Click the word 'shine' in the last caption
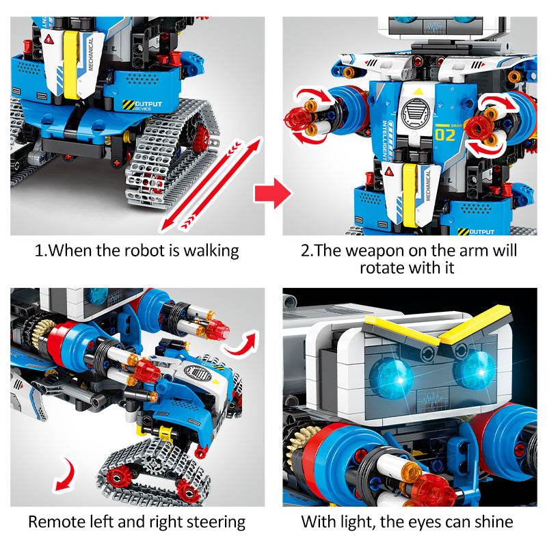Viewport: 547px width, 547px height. point(494,522)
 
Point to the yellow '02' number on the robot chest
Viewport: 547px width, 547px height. point(445,135)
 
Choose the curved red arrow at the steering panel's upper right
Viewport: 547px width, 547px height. point(242,343)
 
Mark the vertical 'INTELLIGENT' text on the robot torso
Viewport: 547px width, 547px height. point(385,140)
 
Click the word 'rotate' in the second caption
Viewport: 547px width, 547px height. point(382,268)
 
